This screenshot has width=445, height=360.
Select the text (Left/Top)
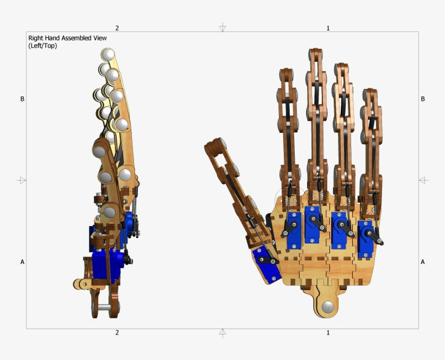(x=43, y=46)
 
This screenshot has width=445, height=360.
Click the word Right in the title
(x=36, y=38)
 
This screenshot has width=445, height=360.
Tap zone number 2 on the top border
(x=117, y=28)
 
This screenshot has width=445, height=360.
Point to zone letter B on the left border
(x=22, y=99)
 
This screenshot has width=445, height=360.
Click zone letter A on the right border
(x=423, y=262)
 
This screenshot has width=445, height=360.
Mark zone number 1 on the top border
(x=328, y=28)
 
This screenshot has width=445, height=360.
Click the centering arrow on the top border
(x=223, y=28)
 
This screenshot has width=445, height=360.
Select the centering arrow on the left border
(x=22, y=180)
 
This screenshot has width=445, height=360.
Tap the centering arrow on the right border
(x=423, y=180)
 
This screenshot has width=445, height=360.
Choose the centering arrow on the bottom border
(x=223, y=332)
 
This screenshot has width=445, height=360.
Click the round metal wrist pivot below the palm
(x=328, y=307)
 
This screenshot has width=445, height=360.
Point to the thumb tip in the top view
(x=215, y=144)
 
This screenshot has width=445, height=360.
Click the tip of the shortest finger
(x=371, y=92)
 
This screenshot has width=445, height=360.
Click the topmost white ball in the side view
(x=109, y=54)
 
